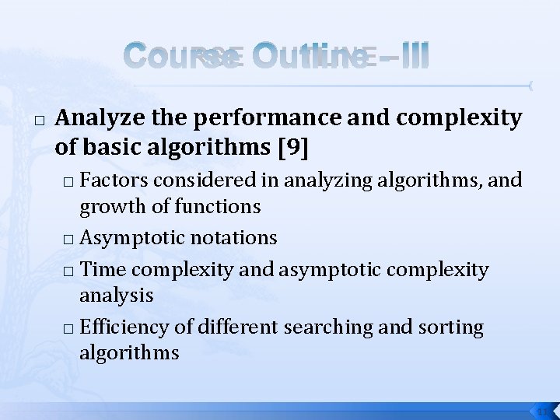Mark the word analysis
pyautogui.click(x=116, y=296)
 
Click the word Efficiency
pyautogui.click(x=123, y=327)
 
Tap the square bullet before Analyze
pyautogui.click(x=40, y=120)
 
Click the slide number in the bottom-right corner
pyautogui.click(x=541, y=410)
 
